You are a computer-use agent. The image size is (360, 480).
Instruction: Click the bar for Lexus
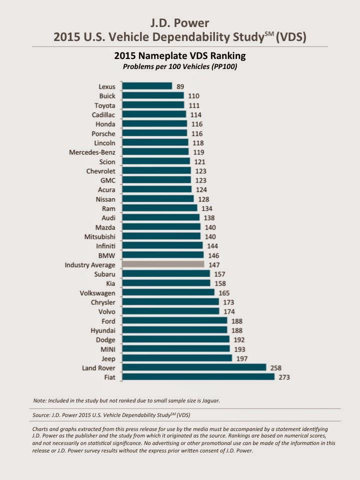[x=147, y=86]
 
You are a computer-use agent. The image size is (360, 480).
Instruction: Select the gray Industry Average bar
[x=163, y=264]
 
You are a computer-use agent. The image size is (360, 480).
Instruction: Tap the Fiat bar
[x=198, y=376]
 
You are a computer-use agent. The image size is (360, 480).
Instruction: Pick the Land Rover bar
[x=194, y=367]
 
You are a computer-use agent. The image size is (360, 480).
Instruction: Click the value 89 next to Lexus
[x=180, y=86]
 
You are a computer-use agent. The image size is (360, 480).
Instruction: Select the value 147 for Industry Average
[x=213, y=264]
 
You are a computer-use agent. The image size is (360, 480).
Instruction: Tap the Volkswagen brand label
[x=97, y=293]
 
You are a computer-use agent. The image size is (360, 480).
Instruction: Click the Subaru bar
[x=166, y=274]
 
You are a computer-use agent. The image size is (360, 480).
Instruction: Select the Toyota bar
[x=153, y=105]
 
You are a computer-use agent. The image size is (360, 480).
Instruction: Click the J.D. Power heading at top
[x=179, y=23]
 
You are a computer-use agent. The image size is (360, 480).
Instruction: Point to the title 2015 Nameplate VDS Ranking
[x=179, y=56]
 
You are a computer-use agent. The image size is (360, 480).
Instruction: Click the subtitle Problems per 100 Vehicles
[x=179, y=66]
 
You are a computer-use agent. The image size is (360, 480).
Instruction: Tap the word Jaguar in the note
[x=209, y=400]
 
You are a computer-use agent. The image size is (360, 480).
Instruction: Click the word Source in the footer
[x=41, y=415]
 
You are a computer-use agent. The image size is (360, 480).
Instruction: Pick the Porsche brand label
[x=103, y=133]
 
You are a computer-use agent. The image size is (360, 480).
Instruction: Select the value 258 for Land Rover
[x=275, y=367]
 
